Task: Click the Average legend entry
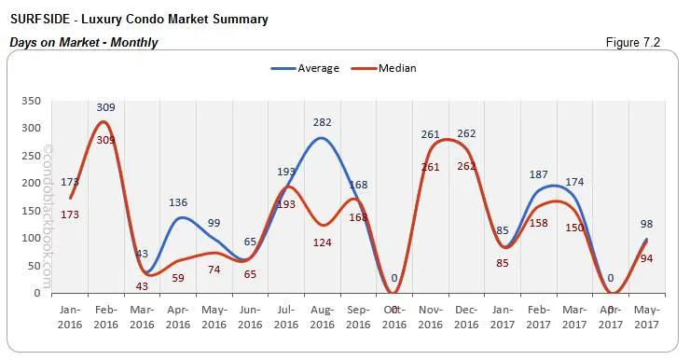pos(305,68)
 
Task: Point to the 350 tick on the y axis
pos(29,101)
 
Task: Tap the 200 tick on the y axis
pos(29,183)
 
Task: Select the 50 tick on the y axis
pos(32,266)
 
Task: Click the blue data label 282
pos(322,122)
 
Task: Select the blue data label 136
pos(177,202)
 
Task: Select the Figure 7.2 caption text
pos(633,42)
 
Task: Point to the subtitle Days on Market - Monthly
pos(84,42)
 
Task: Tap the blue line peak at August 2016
pos(322,138)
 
